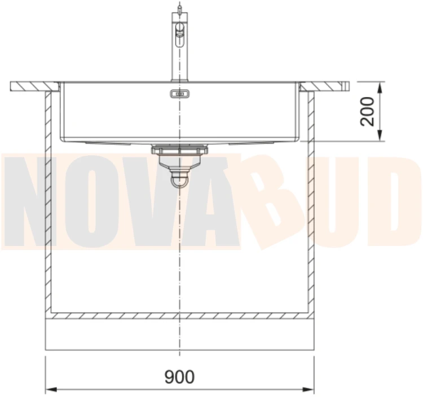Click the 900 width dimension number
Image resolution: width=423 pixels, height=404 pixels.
179,377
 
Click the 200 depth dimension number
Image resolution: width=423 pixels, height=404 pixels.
367,112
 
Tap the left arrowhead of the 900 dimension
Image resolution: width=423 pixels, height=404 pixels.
51,389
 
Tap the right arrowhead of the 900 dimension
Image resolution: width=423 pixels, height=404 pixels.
309,389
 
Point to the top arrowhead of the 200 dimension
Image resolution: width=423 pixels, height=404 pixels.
380,87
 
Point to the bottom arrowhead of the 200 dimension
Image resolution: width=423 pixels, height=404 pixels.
380,135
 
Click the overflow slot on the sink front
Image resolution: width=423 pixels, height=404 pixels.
180,94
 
